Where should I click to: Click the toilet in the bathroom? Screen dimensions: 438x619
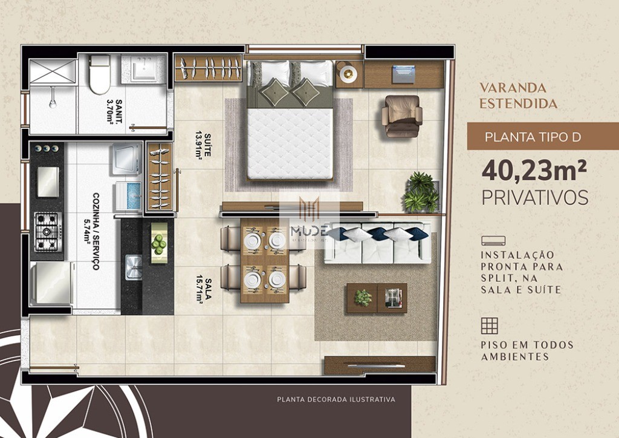[x=100, y=74]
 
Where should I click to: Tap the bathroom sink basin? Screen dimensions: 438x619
[x=143, y=68]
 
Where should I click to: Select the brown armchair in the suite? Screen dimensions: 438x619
[x=402, y=115]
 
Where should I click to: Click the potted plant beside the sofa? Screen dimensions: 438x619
[x=421, y=192]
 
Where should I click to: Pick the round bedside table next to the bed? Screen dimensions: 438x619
[x=348, y=74]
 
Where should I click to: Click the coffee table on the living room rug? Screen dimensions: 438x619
[x=376, y=298]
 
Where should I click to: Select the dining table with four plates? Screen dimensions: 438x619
[x=265, y=261]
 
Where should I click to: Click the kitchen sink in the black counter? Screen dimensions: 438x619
[x=133, y=267]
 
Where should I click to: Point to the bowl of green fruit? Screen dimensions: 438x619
[x=158, y=243]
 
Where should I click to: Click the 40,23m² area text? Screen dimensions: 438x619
[x=534, y=171]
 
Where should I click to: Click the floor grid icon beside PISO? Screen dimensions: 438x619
[x=489, y=325]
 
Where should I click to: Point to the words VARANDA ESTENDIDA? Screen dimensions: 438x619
[x=518, y=96]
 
